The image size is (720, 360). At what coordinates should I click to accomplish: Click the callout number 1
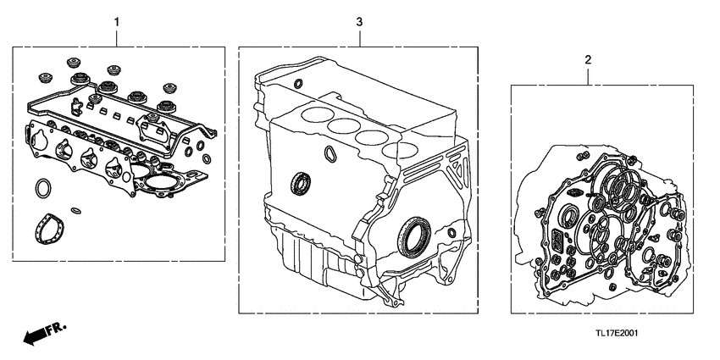coord(117,18)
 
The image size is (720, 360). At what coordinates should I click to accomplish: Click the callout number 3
coord(359,18)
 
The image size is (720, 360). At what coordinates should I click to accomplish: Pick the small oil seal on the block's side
coord(300,182)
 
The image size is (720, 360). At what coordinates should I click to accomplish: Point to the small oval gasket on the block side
coord(330,153)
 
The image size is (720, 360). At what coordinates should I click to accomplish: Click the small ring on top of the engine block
coord(299,83)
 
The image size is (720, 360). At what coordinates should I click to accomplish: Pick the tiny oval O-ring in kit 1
coord(75,210)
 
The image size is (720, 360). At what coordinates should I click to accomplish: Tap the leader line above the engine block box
coord(359,36)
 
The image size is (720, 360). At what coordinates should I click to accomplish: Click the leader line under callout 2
coord(588,75)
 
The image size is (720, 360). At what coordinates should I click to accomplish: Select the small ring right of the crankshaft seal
coord(452,232)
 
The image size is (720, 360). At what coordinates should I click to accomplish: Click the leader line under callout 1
coord(117,36)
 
